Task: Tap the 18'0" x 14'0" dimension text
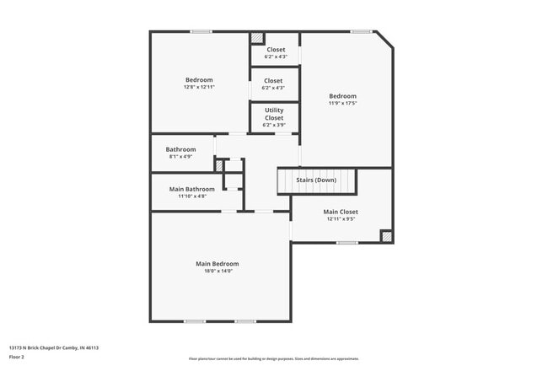point(218,272)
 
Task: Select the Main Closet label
point(341,212)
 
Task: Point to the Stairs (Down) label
point(316,180)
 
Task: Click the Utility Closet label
point(274,114)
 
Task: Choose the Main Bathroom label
point(192,189)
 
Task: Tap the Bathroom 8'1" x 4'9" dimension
point(180,157)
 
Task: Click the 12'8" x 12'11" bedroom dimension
point(199,88)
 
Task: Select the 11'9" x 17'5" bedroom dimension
point(342,104)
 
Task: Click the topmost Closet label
point(275,50)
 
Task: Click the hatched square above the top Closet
point(257,38)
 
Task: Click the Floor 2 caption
point(17,357)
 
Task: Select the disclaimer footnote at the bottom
point(273,358)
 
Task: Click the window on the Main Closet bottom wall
point(347,243)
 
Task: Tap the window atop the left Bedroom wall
point(201,32)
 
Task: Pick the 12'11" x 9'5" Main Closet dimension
point(341,219)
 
